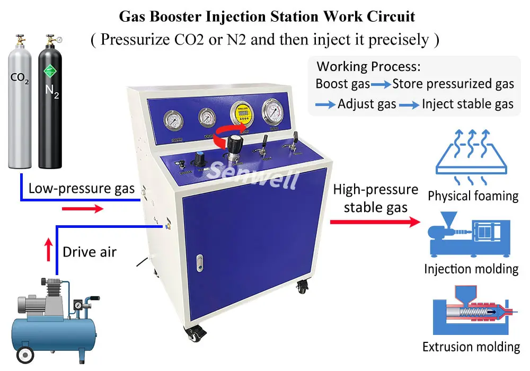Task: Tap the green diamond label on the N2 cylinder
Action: pyautogui.click(x=50, y=70)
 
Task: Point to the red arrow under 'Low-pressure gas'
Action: pyautogui.click(x=82, y=209)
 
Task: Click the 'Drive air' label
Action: pyautogui.click(x=89, y=252)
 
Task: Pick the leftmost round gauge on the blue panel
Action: pyautogui.click(x=173, y=120)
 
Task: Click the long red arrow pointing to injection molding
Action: pyautogui.click(x=374, y=222)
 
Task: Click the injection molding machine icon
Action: pyautogui.click(x=470, y=236)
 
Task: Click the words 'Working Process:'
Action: pyautogui.click(x=368, y=67)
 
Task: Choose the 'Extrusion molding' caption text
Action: pyautogui.click(x=471, y=347)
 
